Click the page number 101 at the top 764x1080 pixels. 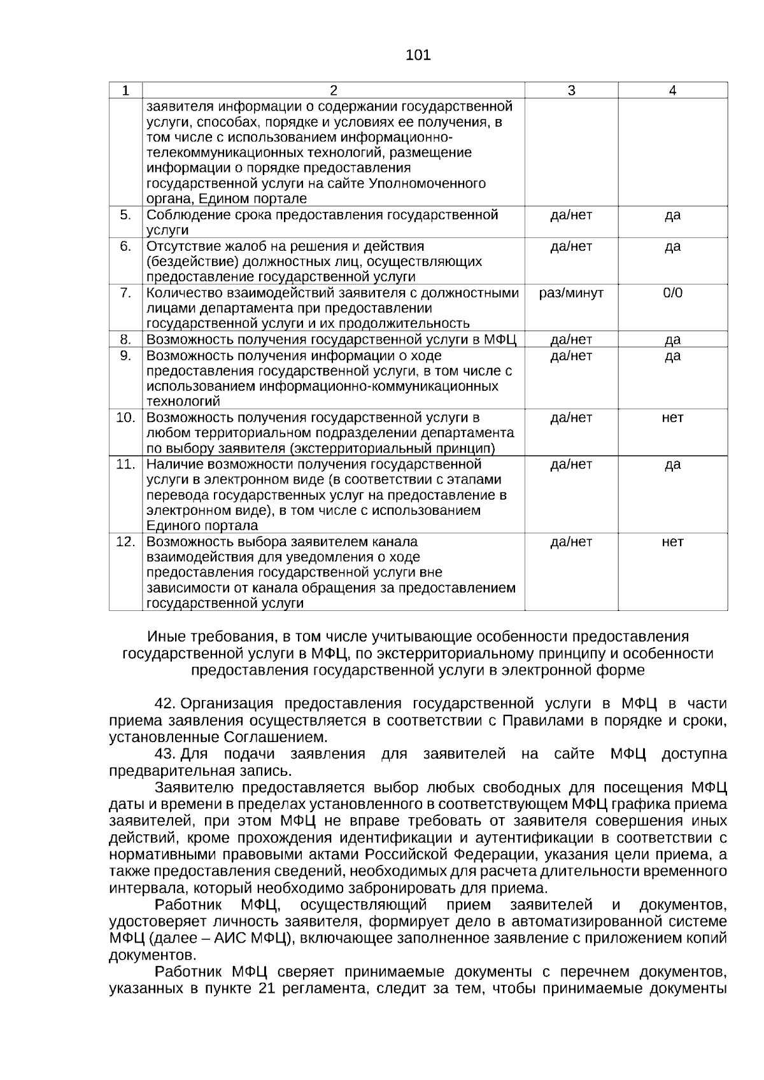[418, 55]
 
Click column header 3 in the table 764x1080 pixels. [570, 90]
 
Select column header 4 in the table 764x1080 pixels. [672, 90]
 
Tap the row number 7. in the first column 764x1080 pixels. [125, 293]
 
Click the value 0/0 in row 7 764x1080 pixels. [672, 293]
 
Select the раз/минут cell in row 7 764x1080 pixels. [570, 293]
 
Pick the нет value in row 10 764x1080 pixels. [672, 417]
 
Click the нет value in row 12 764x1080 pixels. [672, 542]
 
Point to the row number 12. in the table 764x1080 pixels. [125, 542]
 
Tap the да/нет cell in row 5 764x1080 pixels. [570, 215]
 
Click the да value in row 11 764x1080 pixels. [672, 465]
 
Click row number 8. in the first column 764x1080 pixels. [125, 339]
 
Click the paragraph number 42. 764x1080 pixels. [165, 704]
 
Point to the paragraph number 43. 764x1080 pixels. [165, 754]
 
